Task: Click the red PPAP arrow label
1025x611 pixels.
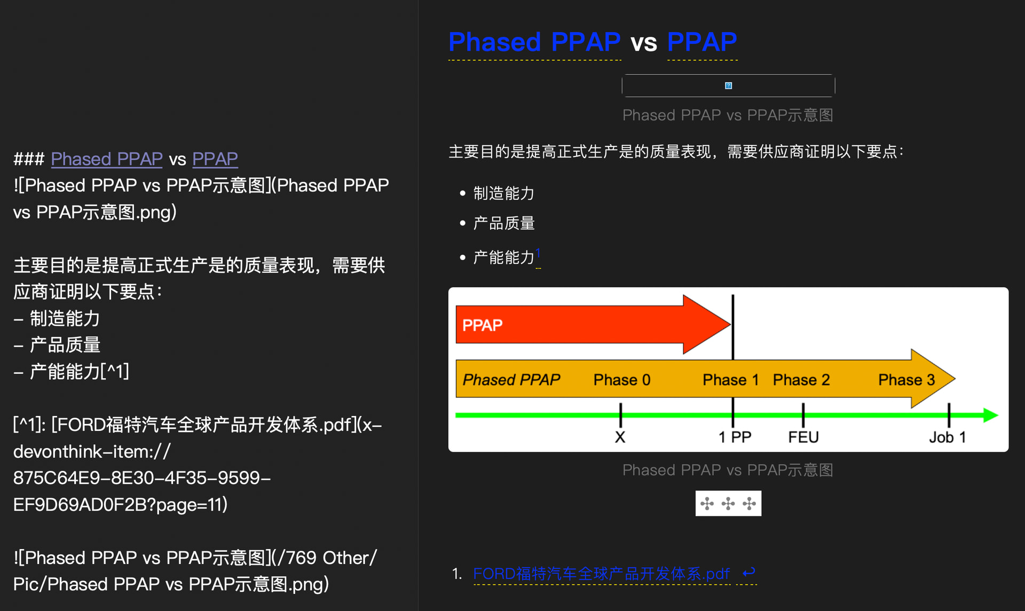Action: [x=482, y=325]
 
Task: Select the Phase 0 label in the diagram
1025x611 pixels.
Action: [x=621, y=380]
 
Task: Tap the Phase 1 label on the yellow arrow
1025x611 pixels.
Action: [x=730, y=380]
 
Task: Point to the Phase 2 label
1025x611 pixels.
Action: [x=801, y=380]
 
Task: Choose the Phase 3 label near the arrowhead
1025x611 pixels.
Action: [x=906, y=380]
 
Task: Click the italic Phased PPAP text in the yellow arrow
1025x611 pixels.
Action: [x=511, y=380]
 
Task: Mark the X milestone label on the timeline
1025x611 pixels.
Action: [x=620, y=437]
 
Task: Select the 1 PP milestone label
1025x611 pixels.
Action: [x=735, y=437]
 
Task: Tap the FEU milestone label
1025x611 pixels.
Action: [x=803, y=437]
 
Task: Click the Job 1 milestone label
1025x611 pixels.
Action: [x=947, y=437]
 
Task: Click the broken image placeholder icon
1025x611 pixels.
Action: [x=728, y=85]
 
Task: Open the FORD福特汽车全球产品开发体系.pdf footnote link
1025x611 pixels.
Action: [x=601, y=574]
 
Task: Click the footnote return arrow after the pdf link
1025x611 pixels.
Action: [x=748, y=573]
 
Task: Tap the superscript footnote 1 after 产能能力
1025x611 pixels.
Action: [x=538, y=253]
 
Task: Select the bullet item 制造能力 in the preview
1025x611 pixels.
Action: [x=503, y=193]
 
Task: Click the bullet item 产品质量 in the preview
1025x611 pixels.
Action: [x=503, y=223]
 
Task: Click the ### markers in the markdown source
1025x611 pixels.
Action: [x=29, y=159]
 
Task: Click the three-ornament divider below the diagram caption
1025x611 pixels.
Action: [x=728, y=503]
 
